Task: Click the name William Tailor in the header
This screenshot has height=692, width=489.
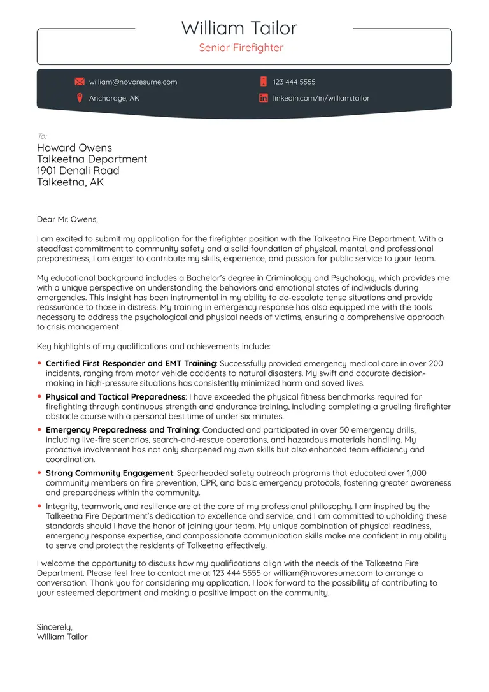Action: pyautogui.click(x=239, y=28)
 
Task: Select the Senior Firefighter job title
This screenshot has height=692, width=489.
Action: pyautogui.click(x=241, y=48)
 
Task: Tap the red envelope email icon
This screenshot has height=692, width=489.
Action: pyautogui.click(x=80, y=82)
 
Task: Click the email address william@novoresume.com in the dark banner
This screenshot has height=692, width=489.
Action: pyautogui.click(x=133, y=82)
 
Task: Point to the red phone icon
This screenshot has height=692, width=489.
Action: pyautogui.click(x=263, y=82)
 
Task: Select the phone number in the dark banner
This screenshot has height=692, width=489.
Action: pyautogui.click(x=294, y=82)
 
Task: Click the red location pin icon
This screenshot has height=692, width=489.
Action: pyautogui.click(x=80, y=98)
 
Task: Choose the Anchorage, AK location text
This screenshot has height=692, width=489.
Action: pyautogui.click(x=114, y=99)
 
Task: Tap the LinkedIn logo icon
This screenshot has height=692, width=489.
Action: pyautogui.click(x=263, y=98)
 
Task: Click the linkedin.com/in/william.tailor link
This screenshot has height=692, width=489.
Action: pyautogui.click(x=321, y=99)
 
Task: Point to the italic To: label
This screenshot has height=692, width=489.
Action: pyautogui.click(x=42, y=136)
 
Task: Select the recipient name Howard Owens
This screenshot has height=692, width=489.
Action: pyautogui.click(x=74, y=148)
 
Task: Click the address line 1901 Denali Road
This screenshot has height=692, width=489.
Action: pyautogui.click(x=78, y=171)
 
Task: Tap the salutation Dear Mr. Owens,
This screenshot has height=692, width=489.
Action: pyautogui.click(x=67, y=220)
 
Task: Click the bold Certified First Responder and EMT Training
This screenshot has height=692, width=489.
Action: pyautogui.click(x=131, y=364)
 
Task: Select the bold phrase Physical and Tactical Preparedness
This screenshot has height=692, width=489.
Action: pyautogui.click(x=115, y=397)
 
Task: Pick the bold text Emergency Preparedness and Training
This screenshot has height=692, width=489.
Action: pyautogui.click(x=122, y=430)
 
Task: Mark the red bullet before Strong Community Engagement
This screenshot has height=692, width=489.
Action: pyautogui.click(x=39, y=473)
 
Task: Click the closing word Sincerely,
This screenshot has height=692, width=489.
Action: pyautogui.click(x=55, y=627)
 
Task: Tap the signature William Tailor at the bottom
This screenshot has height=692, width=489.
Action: pyautogui.click(x=62, y=637)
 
